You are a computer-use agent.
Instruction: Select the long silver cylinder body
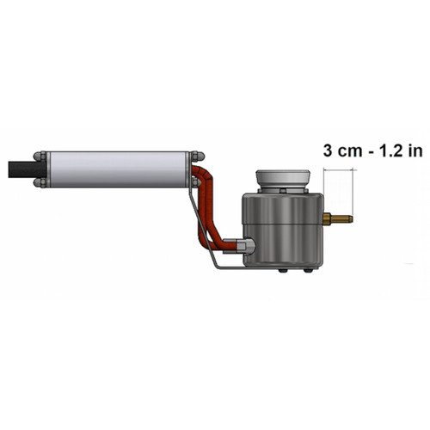pos(118,169)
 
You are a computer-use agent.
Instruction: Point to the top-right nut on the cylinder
pos(198,157)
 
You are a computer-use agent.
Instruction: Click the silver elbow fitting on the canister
pos(247,246)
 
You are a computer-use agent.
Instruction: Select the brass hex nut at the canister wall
pos(327,219)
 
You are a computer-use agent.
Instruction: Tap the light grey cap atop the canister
pos(283,180)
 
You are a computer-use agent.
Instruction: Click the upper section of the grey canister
pos(283,208)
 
